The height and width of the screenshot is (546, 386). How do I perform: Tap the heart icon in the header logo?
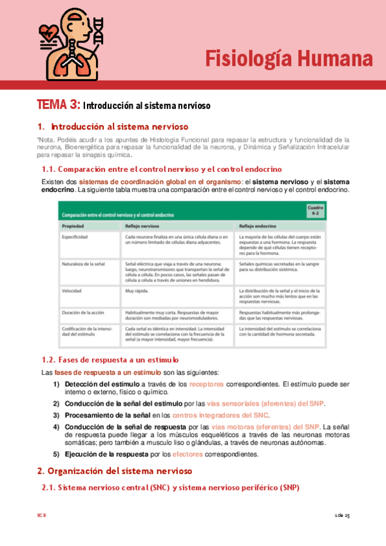[x=49, y=32]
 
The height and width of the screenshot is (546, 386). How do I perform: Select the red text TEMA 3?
[x=58, y=104]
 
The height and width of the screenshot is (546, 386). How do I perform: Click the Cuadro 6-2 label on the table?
[x=314, y=211]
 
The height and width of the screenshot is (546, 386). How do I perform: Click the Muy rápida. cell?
[x=137, y=290]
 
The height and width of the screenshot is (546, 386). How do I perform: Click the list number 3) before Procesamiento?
[x=57, y=415]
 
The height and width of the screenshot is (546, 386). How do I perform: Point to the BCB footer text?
[x=41, y=516]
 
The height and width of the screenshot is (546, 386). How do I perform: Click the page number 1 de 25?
[x=342, y=516]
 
